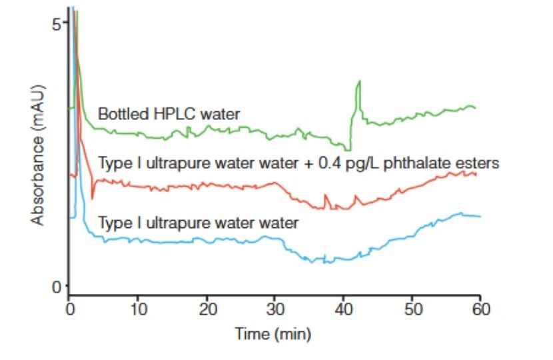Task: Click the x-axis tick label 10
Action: tap(137, 309)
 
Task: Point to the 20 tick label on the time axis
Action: tap(207, 309)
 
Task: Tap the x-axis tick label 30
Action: tap(275, 309)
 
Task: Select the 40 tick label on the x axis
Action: tap(343, 309)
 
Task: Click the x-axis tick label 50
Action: tap(412, 309)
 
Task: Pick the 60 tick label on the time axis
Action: tap(480, 309)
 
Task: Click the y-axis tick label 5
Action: tap(57, 24)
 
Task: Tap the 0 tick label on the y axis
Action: tap(57, 287)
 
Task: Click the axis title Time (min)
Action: tap(273, 333)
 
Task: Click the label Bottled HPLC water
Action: tap(169, 114)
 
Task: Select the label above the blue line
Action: tap(198, 222)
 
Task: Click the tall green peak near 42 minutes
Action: tap(359, 82)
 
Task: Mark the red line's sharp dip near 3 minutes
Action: tap(92, 197)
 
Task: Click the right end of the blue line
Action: tap(480, 217)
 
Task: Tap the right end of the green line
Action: tap(475, 107)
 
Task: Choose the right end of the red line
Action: tap(476, 175)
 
